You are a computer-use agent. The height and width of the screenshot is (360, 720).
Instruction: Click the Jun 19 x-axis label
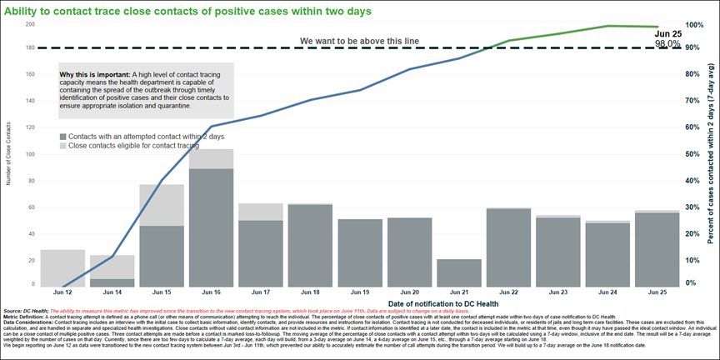[359, 294]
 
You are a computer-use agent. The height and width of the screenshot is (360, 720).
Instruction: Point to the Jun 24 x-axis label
[607, 294]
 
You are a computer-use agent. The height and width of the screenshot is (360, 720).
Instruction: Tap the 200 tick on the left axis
[30, 24]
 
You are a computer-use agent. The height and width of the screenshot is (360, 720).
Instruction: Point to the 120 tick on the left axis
[30, 128]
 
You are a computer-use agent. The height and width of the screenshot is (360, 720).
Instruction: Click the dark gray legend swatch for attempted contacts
[63, 135]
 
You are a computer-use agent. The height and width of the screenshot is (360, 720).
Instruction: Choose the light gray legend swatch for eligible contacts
[63, 146]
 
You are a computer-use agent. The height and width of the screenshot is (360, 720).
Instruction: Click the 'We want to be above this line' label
[359, 41]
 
